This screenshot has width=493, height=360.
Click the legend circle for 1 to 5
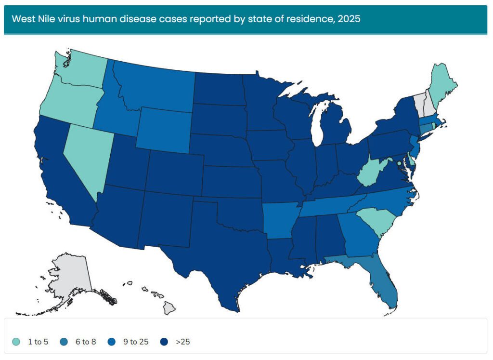click(16, 342)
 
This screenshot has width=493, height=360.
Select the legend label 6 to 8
click(87, 342)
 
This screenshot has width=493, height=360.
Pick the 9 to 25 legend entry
click(135, 342)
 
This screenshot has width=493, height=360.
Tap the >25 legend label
click(183, 342)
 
